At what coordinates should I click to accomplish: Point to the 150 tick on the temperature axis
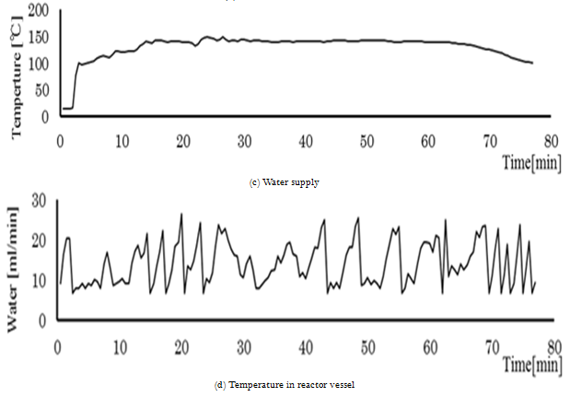tap(39, 38)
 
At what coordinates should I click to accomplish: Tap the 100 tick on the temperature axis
tap(39, 64)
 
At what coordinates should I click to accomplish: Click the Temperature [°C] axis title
tap(15, 69)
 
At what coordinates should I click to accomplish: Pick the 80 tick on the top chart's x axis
tap(551, 141)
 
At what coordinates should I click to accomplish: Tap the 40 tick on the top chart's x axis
tap(305, 141)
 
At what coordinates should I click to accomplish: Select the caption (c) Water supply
tap(285, 182)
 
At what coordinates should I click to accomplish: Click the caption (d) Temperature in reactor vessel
tap(285, 383)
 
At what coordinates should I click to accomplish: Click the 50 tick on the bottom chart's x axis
tap(368, 347)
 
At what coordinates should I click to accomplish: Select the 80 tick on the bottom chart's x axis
tap(553, 347)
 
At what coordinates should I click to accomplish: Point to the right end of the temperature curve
tap(532, 63)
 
